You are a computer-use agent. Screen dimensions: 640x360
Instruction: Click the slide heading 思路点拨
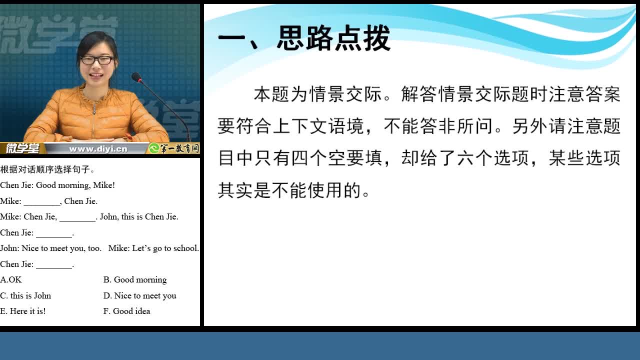coord(333,38)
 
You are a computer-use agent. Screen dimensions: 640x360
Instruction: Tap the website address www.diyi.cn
coord(98,149)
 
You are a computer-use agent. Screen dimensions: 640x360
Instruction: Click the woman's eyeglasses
coord(97,60)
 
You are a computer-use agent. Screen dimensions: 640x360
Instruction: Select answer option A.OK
coord(11,279)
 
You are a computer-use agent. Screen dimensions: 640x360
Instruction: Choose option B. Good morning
coord(135,279)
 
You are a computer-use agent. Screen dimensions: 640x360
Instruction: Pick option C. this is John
coord(25,295)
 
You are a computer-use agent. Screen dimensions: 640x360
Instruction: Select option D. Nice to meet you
coord(139,295)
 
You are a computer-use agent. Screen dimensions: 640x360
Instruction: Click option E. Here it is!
coord(23,311)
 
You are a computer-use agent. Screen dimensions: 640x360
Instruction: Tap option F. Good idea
coord(126,311)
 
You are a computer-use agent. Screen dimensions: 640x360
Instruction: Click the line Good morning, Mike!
coord(75,185)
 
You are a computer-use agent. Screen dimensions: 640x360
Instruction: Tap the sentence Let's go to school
coord(165,248)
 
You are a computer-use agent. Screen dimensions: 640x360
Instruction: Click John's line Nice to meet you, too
coord(61,248)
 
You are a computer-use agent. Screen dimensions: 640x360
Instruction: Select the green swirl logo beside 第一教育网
coord(153,148)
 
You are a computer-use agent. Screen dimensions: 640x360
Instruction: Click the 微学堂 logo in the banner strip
coord(22,148)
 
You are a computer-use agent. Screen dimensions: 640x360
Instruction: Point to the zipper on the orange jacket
coord(94,120)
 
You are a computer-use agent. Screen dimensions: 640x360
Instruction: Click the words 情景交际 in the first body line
coord(345,94)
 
